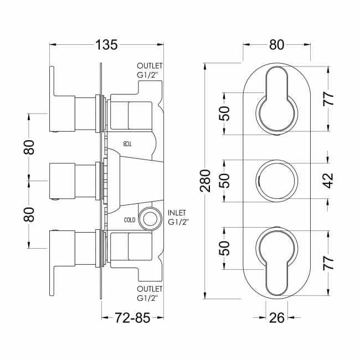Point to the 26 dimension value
click(276, 318)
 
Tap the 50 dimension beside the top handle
click(224, 113)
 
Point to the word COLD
click(129, 219)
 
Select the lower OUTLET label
click(150, 289)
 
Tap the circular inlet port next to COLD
click(148, 219)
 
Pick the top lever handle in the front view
click(276, 102)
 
